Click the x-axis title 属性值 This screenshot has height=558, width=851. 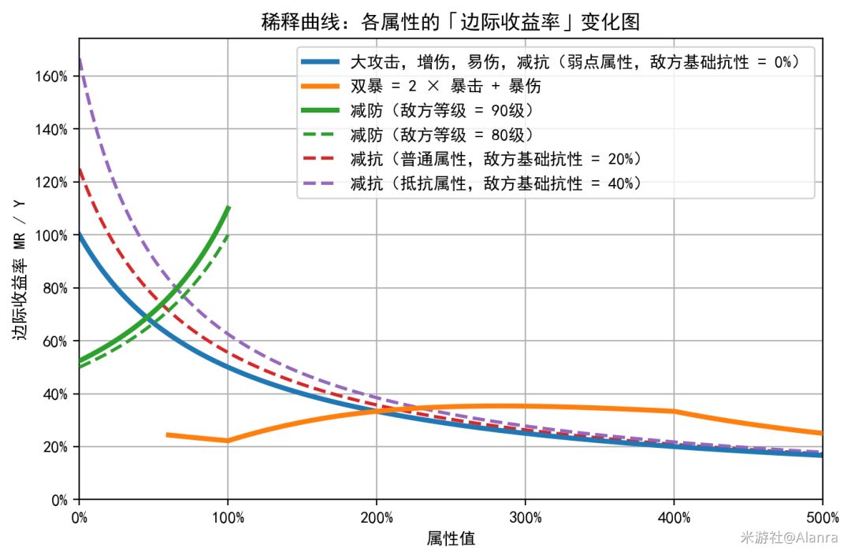(451, 538)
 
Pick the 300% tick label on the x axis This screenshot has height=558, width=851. (525, 517)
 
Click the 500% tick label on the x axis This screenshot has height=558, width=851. (821, 517)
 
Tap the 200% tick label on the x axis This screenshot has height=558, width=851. (377, 517)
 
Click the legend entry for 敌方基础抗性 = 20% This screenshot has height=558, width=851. (496, 158)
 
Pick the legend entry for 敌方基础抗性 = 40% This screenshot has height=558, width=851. (496, 183)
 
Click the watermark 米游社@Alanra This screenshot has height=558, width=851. (788, 537)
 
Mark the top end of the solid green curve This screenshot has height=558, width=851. (228, 207)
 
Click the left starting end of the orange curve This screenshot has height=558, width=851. (168, 434)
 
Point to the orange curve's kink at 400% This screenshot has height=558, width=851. (674, 411)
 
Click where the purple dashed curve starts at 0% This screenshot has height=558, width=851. (80, 59)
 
